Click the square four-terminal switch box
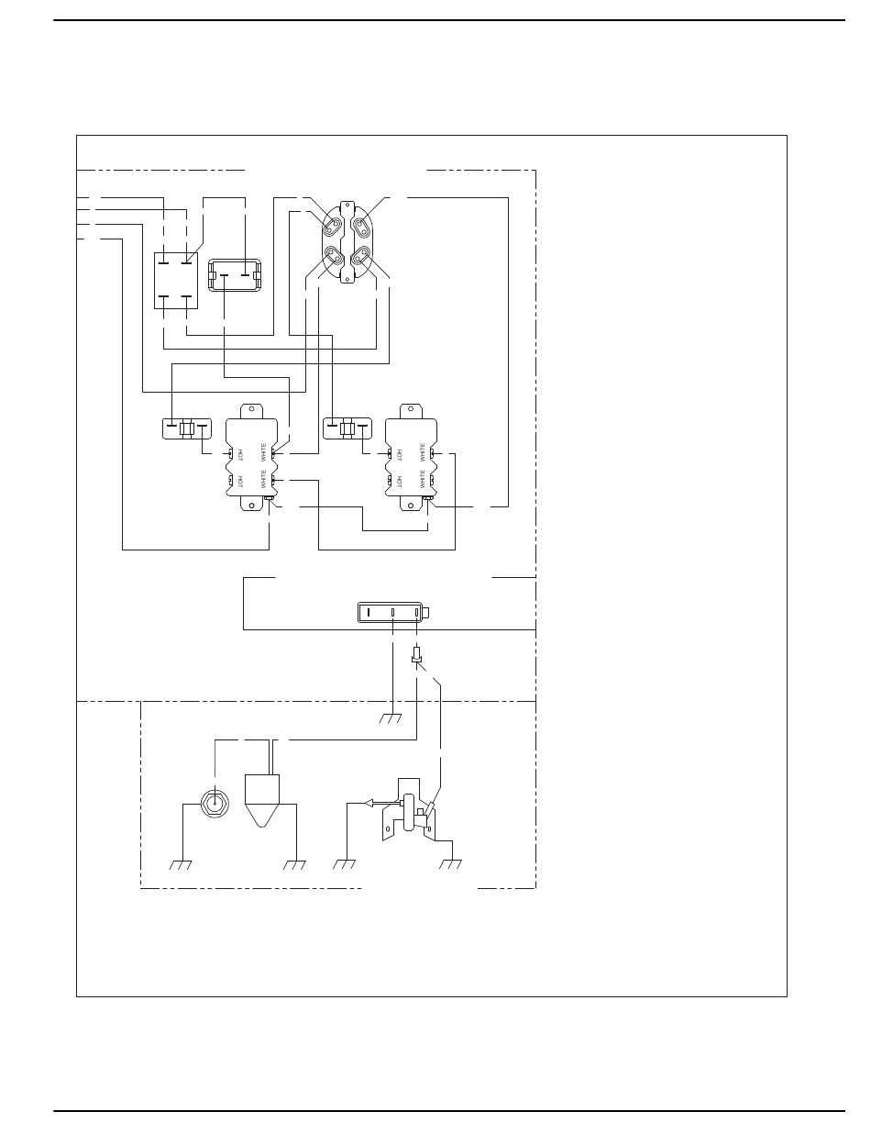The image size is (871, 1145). tap(175, 280)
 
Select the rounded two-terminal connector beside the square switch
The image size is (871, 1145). tap(236, 274)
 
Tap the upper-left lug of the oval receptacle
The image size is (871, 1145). tap(330, 221)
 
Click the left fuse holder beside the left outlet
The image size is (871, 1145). tap(187, 428)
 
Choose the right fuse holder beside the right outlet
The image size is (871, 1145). tap(347, 428)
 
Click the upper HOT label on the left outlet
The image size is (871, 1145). tap(240, 454)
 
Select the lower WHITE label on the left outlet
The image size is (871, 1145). tap(264, 480)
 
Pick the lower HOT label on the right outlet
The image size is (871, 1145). tap(399, 480)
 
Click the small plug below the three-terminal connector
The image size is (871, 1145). tap(417, 656)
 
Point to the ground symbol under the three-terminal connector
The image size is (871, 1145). tap(391, 718)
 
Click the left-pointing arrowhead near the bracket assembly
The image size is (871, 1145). tap(369, 803)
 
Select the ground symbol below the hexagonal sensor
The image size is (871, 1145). tap(182, 865)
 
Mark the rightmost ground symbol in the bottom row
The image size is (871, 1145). tap(451, 864)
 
